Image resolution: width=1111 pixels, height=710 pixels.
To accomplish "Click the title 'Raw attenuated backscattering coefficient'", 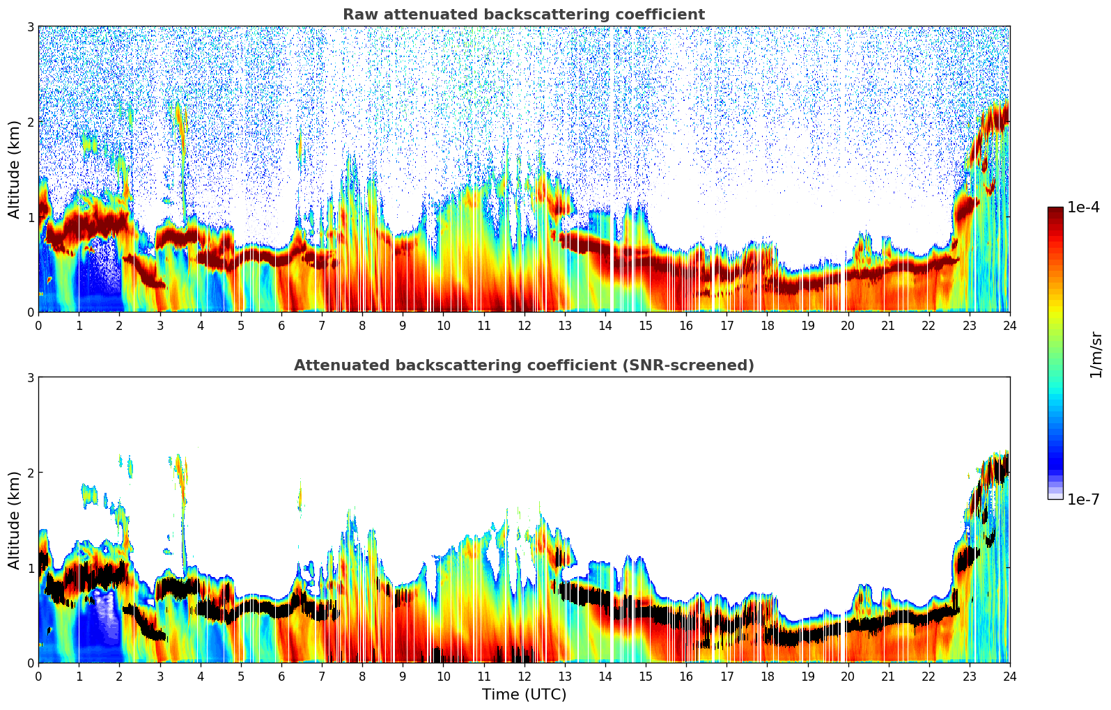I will (524, 15).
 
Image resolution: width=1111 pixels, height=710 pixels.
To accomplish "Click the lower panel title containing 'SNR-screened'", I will (524, 365).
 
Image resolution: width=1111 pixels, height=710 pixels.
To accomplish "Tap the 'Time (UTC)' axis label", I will (524, 695).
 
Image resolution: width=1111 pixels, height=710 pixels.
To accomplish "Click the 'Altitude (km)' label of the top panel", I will (14, 169).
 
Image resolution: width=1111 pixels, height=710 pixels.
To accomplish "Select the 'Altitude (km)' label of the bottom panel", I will (14, 520).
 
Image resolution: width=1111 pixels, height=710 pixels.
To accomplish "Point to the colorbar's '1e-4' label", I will (1084, 207).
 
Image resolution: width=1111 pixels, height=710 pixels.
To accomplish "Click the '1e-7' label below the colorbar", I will (1084, 499).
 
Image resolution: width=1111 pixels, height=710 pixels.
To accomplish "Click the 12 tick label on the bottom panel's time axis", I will (524, 677).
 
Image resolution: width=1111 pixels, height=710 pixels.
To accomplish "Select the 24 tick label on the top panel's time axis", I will (1009, 326).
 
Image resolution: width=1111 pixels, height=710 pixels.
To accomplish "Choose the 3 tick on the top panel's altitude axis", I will (31, 26).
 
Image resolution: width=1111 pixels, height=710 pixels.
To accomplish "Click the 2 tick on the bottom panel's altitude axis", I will (31, 473).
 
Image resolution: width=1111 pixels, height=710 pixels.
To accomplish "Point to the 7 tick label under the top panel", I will (322, 326).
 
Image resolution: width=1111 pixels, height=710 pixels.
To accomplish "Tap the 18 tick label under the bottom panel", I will (767, 677).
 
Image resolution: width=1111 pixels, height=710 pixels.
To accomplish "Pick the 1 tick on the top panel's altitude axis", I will (31, 217).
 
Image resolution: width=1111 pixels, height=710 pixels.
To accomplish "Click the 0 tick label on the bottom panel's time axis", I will (38, 677).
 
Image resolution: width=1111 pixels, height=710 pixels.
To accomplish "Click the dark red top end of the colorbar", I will (1055, 210).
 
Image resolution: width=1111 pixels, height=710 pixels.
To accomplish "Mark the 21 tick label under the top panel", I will (888, 326).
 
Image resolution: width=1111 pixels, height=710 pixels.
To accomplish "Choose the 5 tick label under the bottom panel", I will (241, 677).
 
